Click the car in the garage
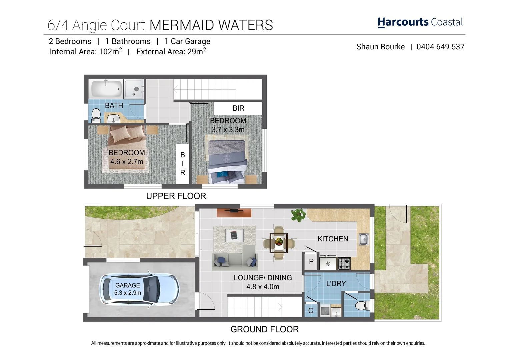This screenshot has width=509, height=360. pyautogui.click(x=139, y=289)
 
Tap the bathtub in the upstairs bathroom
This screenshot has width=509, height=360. pyautogui.click(x=106, y=89)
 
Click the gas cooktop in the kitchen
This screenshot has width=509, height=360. pyautogui.click(x=344, y=263)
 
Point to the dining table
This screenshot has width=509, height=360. pyautogui.click(x=278, y=242)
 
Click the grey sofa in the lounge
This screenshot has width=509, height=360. pyautogui.click(x=235, y=261)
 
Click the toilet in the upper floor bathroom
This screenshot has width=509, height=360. pyautogui.click(x=96, y=114)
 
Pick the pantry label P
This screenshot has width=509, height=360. pyautogui.click(x=311, y=262)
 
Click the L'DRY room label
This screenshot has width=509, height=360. pyautogui.click(x=336, y=283)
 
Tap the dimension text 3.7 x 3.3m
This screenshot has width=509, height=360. pyautogui.click(x=228, y=130)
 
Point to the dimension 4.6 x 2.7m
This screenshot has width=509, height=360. pyautogui.click(x=127, y=162)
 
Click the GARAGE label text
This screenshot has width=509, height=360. pyautogui.click(x=127, y=285)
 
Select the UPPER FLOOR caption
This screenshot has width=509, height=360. pyautogui.click(x=176, y=196)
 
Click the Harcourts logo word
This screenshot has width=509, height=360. pyautogui.click(x=403, y=22)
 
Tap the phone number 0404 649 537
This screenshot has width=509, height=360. pyautogui.click(x=440, y=47)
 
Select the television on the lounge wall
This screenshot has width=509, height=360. pyautogui.click(x=234, y=211)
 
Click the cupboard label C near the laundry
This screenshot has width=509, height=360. pyautogui.click(x=311, y=311)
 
